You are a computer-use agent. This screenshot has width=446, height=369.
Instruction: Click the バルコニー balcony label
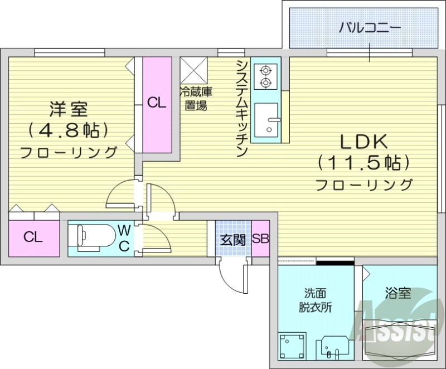tap(370, 27)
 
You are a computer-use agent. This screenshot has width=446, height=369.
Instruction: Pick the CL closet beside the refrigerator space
tap(157, 104)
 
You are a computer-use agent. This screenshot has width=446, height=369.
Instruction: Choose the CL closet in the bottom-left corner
tap(33, 237)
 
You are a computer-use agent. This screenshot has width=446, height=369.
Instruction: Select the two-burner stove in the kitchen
tap(265, 76)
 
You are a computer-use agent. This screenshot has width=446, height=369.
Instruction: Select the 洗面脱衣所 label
tap(311, 300)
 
